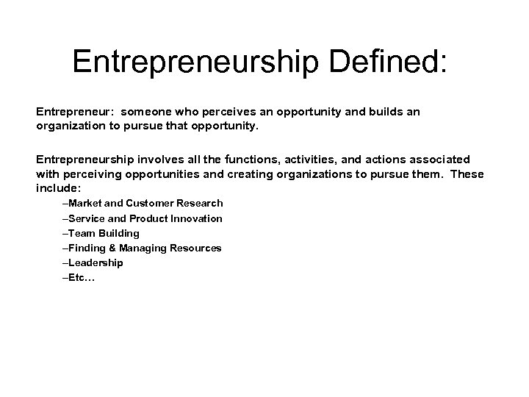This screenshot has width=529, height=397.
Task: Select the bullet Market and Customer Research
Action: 143,203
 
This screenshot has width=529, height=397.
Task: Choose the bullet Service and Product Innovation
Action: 143,218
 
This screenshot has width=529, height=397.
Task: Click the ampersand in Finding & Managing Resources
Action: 113,248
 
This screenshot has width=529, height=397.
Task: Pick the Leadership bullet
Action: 93,262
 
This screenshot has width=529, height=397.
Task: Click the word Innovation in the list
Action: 196,218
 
